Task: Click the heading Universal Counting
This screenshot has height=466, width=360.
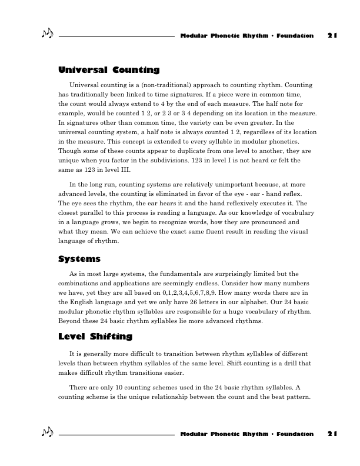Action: [109, 70]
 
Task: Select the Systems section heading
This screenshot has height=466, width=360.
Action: [79, 259]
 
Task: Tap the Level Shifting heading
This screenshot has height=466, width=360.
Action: [95, 337]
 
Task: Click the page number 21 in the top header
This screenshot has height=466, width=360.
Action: [332, 35]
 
